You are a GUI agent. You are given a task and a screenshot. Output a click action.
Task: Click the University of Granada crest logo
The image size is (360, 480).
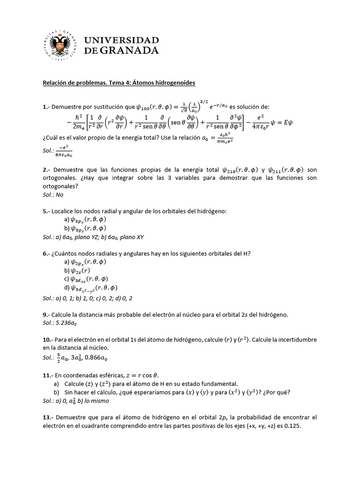point(60,47)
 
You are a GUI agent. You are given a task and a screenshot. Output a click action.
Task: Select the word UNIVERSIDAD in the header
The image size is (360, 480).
point(121,40)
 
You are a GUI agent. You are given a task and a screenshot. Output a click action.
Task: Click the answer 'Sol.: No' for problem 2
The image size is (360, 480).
point(53,195)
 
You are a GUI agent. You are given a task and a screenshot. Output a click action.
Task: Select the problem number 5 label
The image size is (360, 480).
point(45,211)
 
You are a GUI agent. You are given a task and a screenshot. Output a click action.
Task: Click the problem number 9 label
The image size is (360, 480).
point(45,314)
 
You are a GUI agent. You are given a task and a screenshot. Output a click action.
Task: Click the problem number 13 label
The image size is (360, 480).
point(47,418)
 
